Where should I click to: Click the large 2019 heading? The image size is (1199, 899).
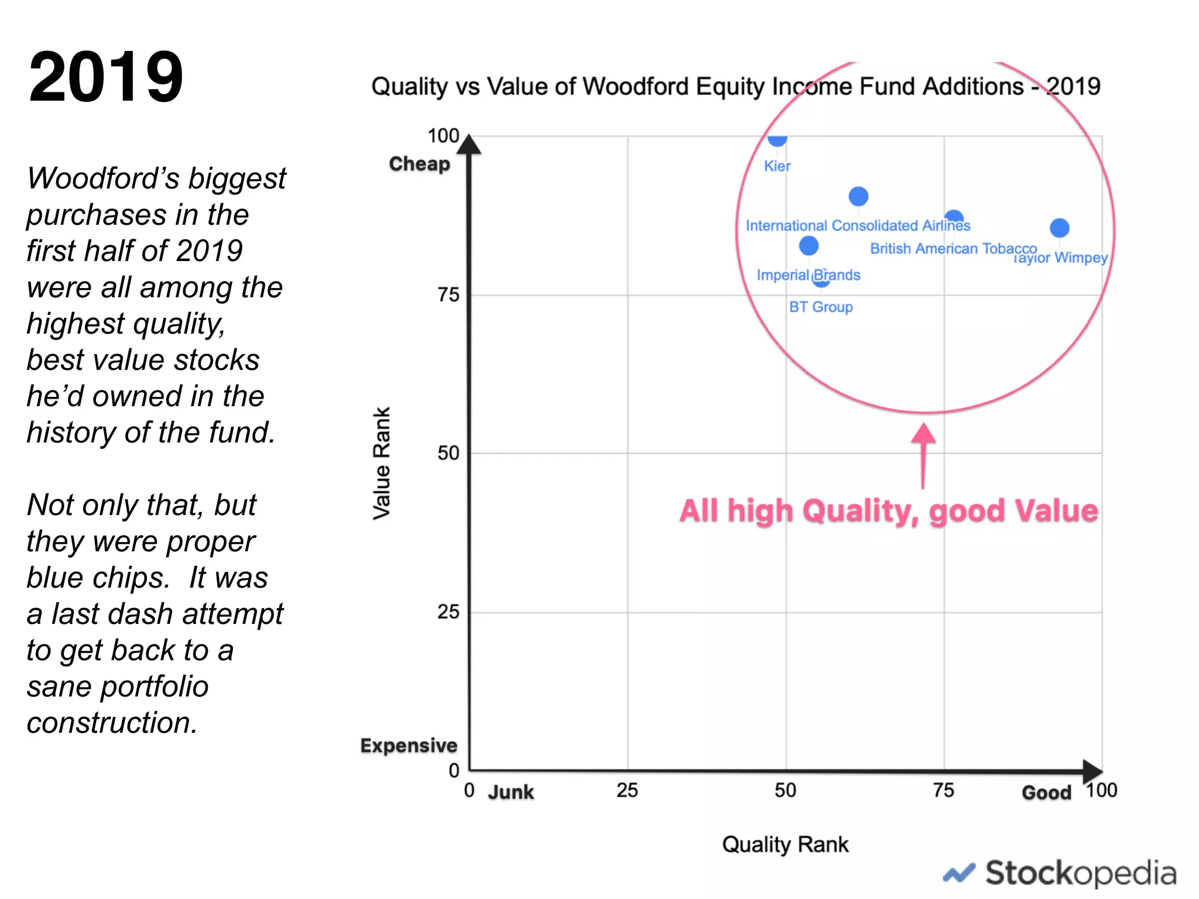tap(106, 77)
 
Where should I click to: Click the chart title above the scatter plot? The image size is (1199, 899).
tap(735, 87)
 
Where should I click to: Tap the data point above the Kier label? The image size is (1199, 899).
tap(777, 139)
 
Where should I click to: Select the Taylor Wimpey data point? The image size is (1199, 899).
tap(1059, 228)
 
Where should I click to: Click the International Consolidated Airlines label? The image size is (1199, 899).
tap(858, 225)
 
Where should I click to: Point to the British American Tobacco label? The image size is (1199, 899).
tap(953, 249)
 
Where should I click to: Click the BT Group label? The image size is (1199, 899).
tap(820, 307)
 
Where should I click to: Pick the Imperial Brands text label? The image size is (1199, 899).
tap(808, 275)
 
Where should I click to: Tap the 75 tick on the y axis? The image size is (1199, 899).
tap(448, 294)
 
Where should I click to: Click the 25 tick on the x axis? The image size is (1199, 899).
tap(627, 791)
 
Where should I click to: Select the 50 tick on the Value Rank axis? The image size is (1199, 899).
tap(448, 453)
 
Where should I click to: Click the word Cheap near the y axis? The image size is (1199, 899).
tap(419, 164)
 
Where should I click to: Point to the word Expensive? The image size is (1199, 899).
tap(409, 746)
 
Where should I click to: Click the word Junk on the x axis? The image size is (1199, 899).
tap(511, 792)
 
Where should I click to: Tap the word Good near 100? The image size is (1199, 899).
tap(1046, 792)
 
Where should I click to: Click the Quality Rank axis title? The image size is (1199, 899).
tap(785, 845)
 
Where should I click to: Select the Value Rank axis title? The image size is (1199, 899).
tap(382, 463)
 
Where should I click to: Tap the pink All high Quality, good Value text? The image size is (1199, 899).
tap(888, 510)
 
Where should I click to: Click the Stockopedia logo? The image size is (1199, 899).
tap(1060, 873)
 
